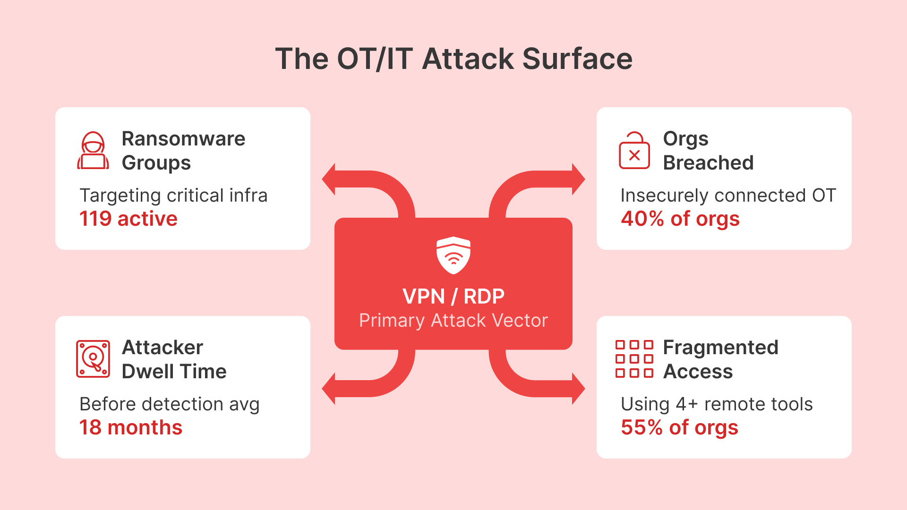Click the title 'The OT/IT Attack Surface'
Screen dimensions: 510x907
tap(453, 59)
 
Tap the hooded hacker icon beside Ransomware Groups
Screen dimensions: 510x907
tap(93, 151)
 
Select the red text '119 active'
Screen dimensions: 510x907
tap(128, 219)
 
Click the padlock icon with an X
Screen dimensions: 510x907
tap(634, 151)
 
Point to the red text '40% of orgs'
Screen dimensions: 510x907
tap(680, 219)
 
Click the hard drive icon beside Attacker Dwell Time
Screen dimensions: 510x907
tap(93, 359)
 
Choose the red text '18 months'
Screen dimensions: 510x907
tap(131, 427)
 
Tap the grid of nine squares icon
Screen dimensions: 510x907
tap(634, 359)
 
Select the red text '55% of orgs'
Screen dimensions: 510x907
tap(679, 427)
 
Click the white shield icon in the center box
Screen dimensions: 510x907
tap(453, 255)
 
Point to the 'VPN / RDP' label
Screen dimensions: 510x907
tap(453, 297)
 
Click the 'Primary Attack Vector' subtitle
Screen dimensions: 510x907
tap(453, 321)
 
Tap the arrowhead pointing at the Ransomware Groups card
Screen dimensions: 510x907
tap(329, 179)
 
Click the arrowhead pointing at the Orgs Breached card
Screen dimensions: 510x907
tap(578, 179)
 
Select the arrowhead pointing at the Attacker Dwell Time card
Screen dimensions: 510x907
tap(329, 389)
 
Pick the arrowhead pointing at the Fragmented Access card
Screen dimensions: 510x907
tap(578, 389)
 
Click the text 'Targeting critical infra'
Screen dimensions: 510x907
tap(173, 195)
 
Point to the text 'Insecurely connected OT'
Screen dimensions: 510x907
tap(728, 195)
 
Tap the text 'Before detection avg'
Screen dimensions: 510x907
tap(170, 404)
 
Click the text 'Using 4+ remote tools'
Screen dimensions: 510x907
tap(717, 404)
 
